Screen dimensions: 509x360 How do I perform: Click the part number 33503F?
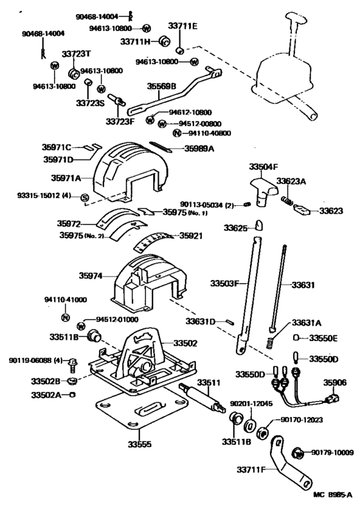224,283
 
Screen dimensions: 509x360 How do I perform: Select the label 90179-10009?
332,453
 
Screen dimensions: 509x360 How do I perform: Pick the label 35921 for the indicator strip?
192,236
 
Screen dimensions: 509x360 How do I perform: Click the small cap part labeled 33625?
258,225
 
